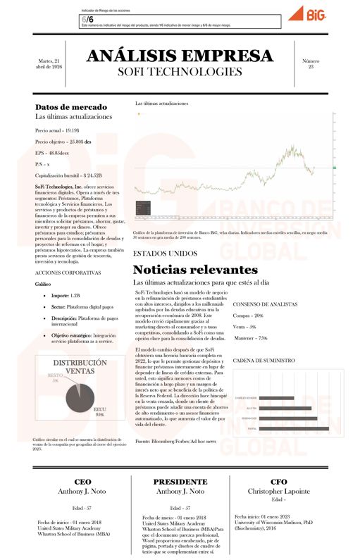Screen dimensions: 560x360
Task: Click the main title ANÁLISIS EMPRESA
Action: pos(180,56)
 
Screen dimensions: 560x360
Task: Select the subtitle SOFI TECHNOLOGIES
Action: pos(180,72)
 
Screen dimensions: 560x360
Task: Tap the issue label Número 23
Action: pos(310,64)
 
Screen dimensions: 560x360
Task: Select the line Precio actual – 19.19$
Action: pos(58,130)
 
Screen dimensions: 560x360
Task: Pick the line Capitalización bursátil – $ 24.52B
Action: pos(68,175)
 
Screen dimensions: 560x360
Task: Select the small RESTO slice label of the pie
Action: pos(54,378)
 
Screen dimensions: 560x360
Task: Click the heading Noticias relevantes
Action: pos(185,270)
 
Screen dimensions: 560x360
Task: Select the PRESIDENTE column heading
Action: pos(180,480)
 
